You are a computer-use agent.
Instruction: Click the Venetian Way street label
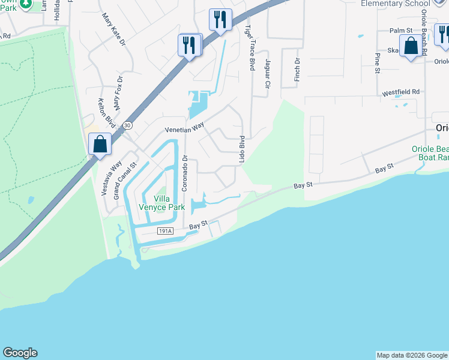click(185, 128)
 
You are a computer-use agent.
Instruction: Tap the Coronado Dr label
click(185, 174)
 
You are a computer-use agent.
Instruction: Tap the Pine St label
click(378, 63)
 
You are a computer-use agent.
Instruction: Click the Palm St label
click(401, 30)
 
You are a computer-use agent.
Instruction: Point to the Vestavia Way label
click(111, 178)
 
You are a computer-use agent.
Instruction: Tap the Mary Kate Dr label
click(114, 30)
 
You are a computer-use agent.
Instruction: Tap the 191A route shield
click(166, 231)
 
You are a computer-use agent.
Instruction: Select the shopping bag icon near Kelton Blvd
click(100, 144)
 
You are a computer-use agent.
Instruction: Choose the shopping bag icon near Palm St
click(411, 46)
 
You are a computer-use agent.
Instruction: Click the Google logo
click(20, 353)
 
